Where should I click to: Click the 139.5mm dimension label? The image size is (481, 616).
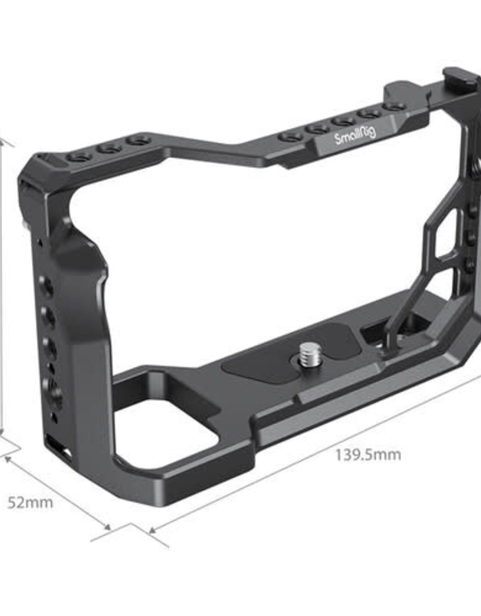click(x=368, y=464)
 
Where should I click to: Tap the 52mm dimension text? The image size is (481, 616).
click(x=30, y=503)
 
